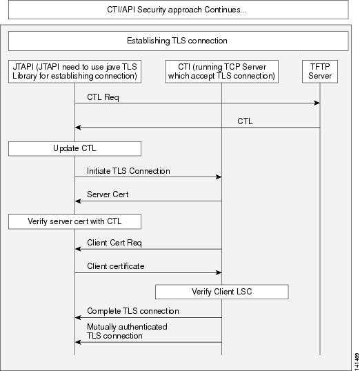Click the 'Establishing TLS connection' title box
point(178,41)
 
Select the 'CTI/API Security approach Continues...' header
point(178,10)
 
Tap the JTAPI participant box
point(74,72)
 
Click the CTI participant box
point(222,72)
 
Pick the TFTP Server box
point(320,72)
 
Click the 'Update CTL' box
point(74,149)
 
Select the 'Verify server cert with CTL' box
point(74,221)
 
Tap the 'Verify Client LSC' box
point(222,292)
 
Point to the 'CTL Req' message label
point(103,97)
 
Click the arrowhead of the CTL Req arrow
point(317,103)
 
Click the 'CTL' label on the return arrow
point(245,121)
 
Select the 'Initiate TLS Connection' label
point(128,171)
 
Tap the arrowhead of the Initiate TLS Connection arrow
point(219,177)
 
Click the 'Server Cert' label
point(108,194)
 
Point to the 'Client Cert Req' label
point(114,243)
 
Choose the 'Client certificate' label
point(116,266)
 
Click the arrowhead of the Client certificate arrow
point(219,272)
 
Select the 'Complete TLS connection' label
point(133,311)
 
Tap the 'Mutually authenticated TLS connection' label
point(127,331)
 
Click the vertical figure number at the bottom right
point(357,361)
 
